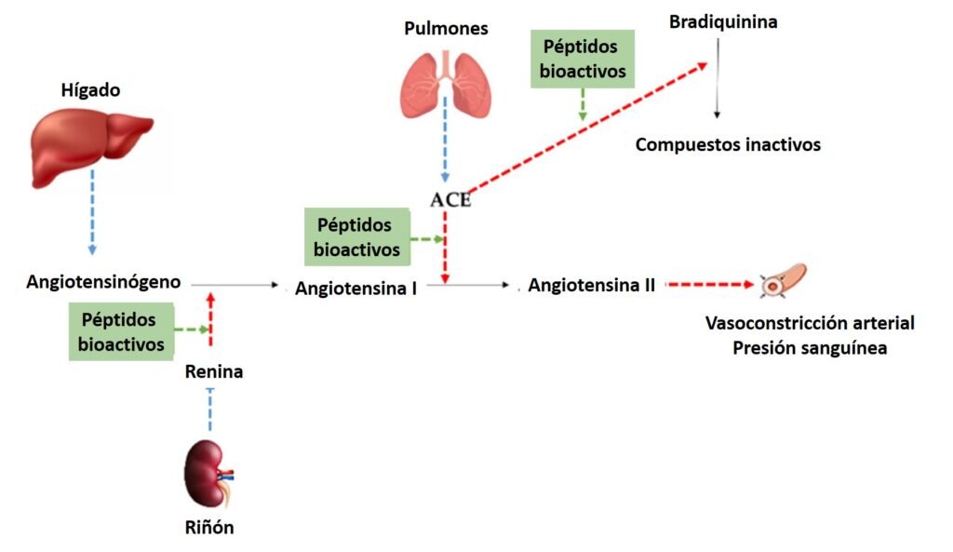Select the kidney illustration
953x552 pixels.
pos(207,473)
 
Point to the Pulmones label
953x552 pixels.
pos(445,29)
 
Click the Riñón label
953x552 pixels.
pos(208,528)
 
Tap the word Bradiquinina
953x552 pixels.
pos(723,21)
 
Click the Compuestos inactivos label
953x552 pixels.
pos(729,144)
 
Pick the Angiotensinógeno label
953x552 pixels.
pos(103,281)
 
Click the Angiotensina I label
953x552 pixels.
pos(356,288)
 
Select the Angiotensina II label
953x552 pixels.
pos(592,286)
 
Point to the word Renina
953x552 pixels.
pos(214,371)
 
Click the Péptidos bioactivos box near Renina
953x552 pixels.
pos(122,330)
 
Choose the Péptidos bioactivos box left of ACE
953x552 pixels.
pos(357,236)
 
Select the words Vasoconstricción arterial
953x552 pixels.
pos(809,324)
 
